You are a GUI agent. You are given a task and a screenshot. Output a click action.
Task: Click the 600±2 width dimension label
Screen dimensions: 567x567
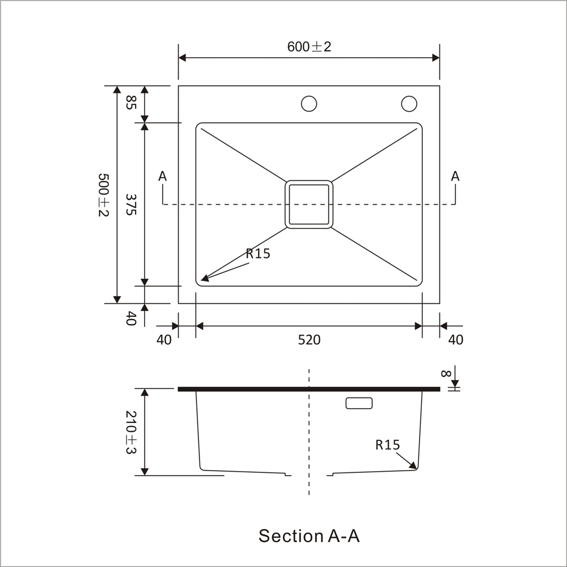tap(309, 46)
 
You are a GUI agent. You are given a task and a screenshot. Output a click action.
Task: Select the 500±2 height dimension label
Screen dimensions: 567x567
tap(103, 194)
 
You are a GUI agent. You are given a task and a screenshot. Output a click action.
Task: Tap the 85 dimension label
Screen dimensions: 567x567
tap(131, 103)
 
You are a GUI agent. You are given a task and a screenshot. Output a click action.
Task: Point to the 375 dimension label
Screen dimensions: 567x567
tap(131, 204)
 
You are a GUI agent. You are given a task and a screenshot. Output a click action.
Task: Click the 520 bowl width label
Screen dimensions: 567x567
tap(309, 340)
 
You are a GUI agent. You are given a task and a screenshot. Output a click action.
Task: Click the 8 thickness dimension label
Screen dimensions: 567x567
tap(446, 374)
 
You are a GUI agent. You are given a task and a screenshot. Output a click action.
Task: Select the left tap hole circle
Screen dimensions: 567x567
tap(309, 104)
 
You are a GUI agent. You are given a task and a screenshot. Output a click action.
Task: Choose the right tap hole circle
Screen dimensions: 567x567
tap(409, 104)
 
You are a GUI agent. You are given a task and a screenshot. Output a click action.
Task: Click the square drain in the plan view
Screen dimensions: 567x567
tap(309, 204)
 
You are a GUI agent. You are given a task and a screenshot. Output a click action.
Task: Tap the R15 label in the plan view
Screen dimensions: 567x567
tap(258, 253)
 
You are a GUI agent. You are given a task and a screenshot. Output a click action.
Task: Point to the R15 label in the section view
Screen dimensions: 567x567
tap(388, 445)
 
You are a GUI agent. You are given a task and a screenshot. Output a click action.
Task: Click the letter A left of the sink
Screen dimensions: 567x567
tap(163, 176)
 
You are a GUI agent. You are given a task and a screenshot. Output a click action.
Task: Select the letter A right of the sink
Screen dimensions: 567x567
tap(455, 176)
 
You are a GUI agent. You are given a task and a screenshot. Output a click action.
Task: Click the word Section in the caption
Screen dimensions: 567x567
tap(291, 535)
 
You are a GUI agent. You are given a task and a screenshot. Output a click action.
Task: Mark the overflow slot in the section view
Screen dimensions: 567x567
tap(359, 403)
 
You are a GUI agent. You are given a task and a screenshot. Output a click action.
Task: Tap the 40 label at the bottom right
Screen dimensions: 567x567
tap(456, 340)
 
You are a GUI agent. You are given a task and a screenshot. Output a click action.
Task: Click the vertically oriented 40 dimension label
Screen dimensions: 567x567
tap(131, 318)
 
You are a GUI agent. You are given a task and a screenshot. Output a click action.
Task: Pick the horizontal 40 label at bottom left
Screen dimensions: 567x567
tap(164, 340)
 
